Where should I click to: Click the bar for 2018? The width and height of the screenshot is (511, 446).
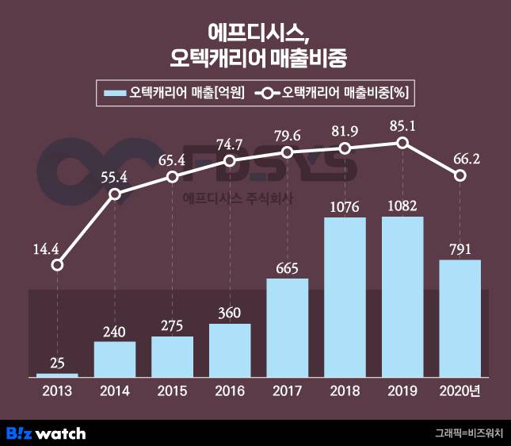[x=345, y=297]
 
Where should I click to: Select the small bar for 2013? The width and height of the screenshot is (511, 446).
[x=57, y=375]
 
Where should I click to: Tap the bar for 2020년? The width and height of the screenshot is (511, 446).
[x=460, y=318]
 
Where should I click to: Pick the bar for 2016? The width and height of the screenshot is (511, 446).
[x=230, y=350]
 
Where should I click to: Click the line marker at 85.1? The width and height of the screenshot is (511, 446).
[x=402, y=143]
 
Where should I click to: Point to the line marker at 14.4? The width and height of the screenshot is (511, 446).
[x=57, y=265]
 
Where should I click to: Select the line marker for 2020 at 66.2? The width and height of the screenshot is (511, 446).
[x=460, y=176]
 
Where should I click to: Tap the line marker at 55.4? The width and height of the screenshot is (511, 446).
[x=115, y=194]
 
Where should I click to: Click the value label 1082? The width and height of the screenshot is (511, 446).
[x=402, y=206]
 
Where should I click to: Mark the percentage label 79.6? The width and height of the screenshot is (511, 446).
[x=288, y=133]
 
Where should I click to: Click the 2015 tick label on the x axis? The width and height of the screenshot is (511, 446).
[x=172, y=392]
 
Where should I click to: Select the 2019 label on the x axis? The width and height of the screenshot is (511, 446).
[x=402, y=392]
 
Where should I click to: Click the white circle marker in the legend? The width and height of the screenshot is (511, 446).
[x=268, y=94]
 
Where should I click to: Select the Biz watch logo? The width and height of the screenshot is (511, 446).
[x=46, y=433]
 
